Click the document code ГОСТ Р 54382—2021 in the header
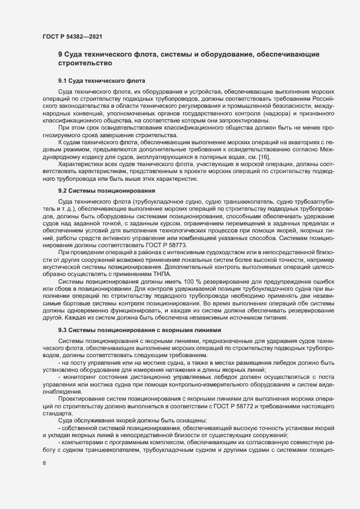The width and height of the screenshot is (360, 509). (71, 36)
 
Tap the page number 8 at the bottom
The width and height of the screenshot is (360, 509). (45, 464)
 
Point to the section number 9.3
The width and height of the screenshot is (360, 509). (63, 330)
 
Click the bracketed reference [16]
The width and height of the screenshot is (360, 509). (264, 156)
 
